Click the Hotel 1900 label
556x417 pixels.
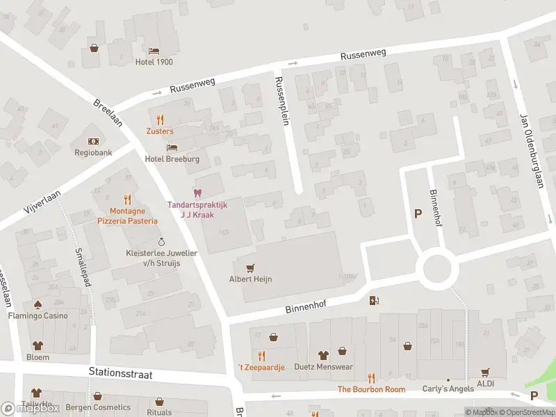point(154,62)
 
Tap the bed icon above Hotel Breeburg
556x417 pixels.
point(172,147)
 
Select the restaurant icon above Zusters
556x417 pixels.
point(160,120)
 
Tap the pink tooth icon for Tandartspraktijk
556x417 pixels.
point(197,193)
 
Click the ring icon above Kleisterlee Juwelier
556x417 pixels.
point(161,242)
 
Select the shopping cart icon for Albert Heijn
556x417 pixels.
point(250,268)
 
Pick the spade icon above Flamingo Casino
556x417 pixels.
point(38,304)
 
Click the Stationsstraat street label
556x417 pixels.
point(120,373)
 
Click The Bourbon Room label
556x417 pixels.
point(371,389)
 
